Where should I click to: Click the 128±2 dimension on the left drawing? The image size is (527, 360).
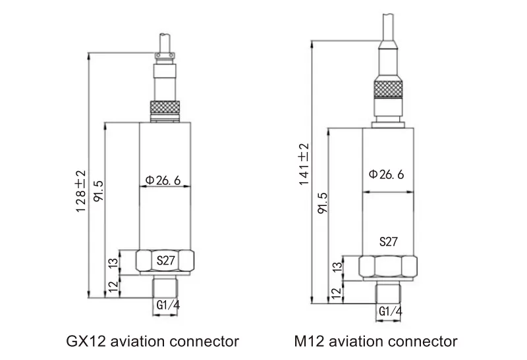tap(80, 191)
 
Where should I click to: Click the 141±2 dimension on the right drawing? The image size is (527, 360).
tap(304, 164)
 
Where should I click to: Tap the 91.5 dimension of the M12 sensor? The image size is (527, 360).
tap(322, 203)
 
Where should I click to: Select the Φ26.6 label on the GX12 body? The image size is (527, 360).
tap(163, 180)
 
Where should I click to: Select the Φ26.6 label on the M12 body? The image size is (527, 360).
tap(387, 174)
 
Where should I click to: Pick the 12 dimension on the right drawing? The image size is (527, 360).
tap(337, 292)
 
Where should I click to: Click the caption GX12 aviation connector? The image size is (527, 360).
tap(153, 342)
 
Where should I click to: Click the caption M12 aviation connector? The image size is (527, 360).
tap(375, 342)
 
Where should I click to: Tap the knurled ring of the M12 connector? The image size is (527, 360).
tap(387, 87)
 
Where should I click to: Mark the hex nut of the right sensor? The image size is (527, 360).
tap(388, 266)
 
